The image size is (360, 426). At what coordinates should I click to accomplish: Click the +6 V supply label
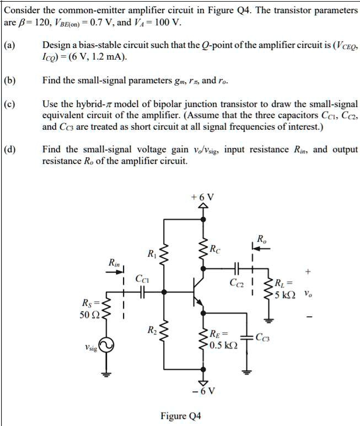203,197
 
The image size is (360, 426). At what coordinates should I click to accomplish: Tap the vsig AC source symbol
107,345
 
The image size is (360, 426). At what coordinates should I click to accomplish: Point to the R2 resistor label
152,331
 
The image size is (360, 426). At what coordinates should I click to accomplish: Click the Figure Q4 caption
180,416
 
